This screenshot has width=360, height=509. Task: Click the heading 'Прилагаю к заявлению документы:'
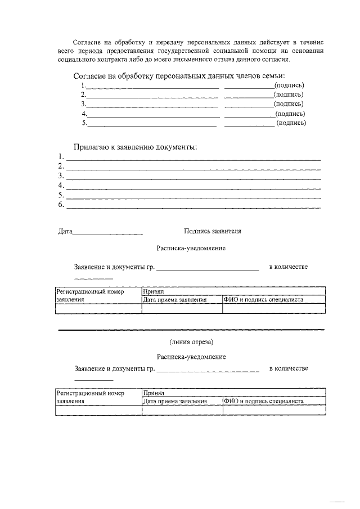click(135, 147)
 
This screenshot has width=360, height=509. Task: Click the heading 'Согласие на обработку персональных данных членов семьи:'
click(179, 76)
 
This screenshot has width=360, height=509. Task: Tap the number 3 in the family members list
click(83, 104)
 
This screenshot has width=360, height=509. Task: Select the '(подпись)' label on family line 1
click(289, 85)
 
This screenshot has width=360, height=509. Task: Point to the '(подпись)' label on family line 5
click(291, 123)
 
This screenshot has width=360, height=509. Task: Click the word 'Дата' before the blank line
click(65, 231)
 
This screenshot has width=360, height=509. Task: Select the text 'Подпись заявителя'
click(212, 231)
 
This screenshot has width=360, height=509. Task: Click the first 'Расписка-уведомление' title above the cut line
click(191, 248)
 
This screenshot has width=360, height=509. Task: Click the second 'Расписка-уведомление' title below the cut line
click(191, 357)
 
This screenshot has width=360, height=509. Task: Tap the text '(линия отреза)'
click(191, 341)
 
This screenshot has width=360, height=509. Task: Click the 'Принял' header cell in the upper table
click(153, 292)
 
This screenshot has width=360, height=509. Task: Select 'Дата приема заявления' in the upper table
click(175, 300)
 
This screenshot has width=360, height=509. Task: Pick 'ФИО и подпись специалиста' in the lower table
click(263, 402)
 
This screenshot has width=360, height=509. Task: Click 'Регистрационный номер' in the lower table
click(89, 394)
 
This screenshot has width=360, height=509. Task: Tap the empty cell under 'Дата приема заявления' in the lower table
click(182, 411)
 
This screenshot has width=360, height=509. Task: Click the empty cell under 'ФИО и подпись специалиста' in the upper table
click(274, 308)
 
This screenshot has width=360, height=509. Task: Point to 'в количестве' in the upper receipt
click(288, 267)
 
